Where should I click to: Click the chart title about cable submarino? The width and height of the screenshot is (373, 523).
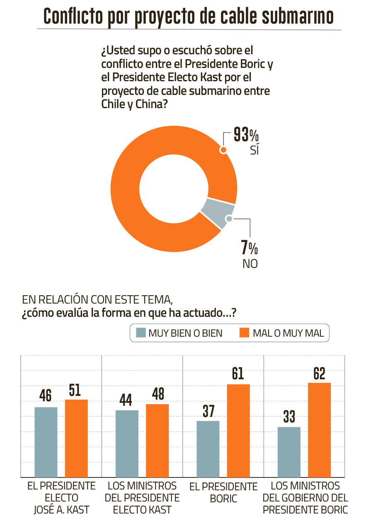pyautogui.click(x=189, y=17)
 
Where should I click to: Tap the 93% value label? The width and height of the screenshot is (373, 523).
pyautogui.click(x=246, y=135)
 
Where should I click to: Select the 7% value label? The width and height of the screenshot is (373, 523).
pyautogui.click(x=249, y=248)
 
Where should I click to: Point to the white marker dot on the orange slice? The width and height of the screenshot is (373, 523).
pyautogui.click(x=223, y=150)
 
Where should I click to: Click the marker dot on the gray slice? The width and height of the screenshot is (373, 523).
pyautogui.click(x=228, y=218)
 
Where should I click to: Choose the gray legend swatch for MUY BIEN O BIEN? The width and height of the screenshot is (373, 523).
pyautogui.click(x=141, y=333)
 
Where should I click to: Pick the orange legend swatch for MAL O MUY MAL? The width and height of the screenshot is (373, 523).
pyautogui.click(x=245, y=333)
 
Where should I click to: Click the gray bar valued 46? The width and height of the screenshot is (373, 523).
pyautogui.click(x=46, y=442)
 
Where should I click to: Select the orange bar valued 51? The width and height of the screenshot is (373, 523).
pyautogui.click(x=76, y=438)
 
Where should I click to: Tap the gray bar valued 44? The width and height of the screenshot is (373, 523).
pyautogui.click(x=127, y=443)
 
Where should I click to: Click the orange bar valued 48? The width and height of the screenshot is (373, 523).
pyautogui.click(x=157, y=441)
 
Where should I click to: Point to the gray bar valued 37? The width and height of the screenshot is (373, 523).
pyautogui.click(x=208, y=449)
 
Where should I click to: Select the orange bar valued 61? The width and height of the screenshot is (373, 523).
pyautogui.click(x=238, y=431)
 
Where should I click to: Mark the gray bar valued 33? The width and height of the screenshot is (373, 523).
pyautogui.click(x=289, y=452)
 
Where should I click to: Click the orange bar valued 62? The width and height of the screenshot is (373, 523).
pyautogui.click(x=320, y=430)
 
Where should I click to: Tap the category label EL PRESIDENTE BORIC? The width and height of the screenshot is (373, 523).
pyautogui.click(x=223, y=492)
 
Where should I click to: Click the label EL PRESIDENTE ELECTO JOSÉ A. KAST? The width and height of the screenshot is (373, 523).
pyautogui.click(x=61, y=498)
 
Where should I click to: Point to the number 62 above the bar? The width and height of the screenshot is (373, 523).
pyautogui.click(x=320, y=374)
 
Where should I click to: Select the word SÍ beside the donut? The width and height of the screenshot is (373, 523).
pyautogui.click(x=254, y=150)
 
